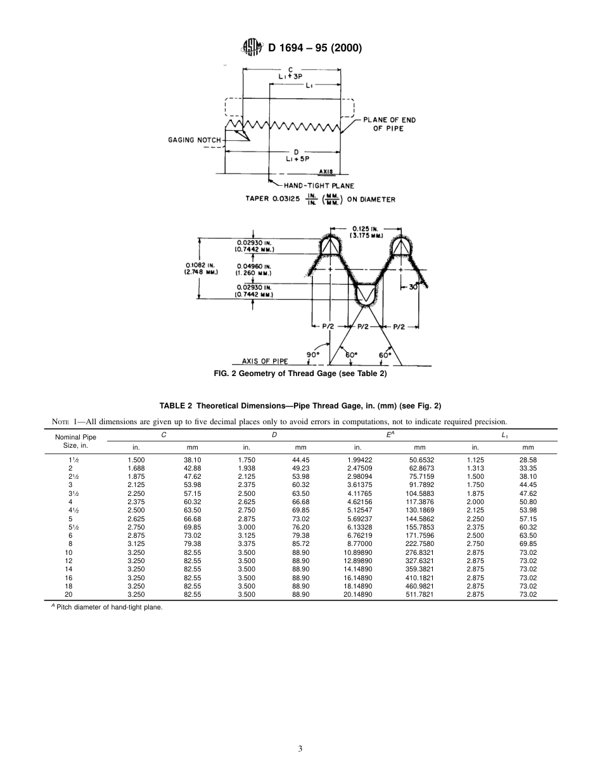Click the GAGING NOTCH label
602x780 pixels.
(x=195, y=140)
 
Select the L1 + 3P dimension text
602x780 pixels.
(x=291, y=76)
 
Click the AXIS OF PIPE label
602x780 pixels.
(x=270, y=361)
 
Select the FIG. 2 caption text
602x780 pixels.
(x=300, y=374)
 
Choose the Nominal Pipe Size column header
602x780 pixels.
(x=71, y=441)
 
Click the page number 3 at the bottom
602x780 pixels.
(x=300, y=749)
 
